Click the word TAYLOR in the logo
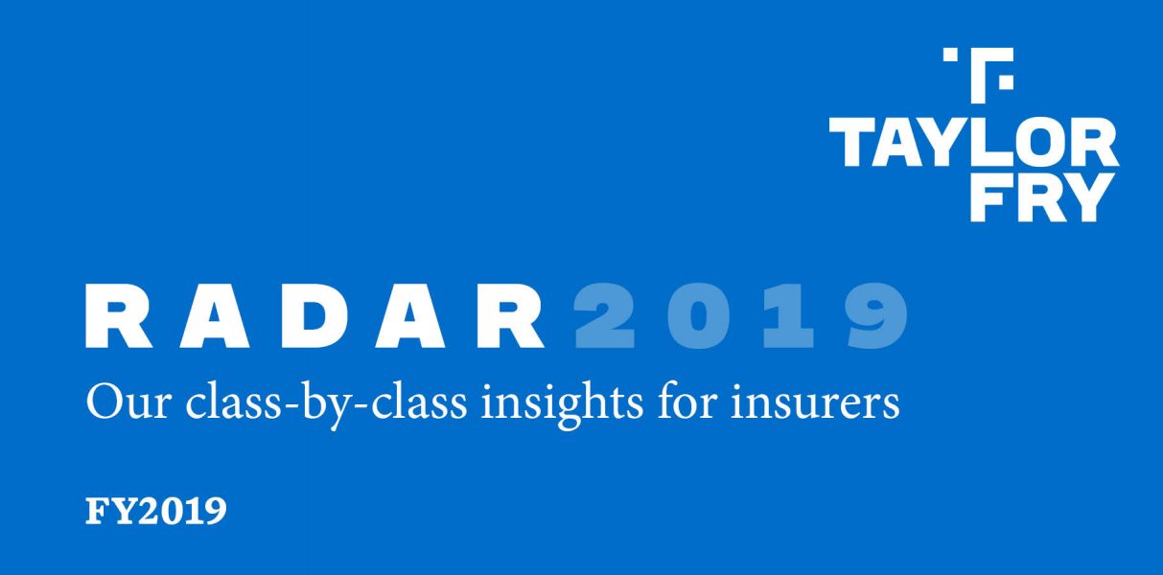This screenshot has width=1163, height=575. pos(973,142)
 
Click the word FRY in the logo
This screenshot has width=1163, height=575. pos(1040,197)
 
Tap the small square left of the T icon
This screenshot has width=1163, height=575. pos(950,55)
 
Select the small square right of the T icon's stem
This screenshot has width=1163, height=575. pos(1006,82)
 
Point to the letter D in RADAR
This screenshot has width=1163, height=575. pos(314,316)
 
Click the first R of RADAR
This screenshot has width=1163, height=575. pos(119,316)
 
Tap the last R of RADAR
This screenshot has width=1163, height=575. pos(511,316)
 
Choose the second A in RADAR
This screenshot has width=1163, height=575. pos(410,316)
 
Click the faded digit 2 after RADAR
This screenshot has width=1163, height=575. pos(604,316)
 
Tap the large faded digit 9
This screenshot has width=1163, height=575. pos(876,316)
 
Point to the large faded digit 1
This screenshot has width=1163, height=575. pos(788,316)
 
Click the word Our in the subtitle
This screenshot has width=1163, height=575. pos(128,403)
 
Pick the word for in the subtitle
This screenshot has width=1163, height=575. pos(686,402)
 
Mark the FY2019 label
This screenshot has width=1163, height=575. pos(155,511)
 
